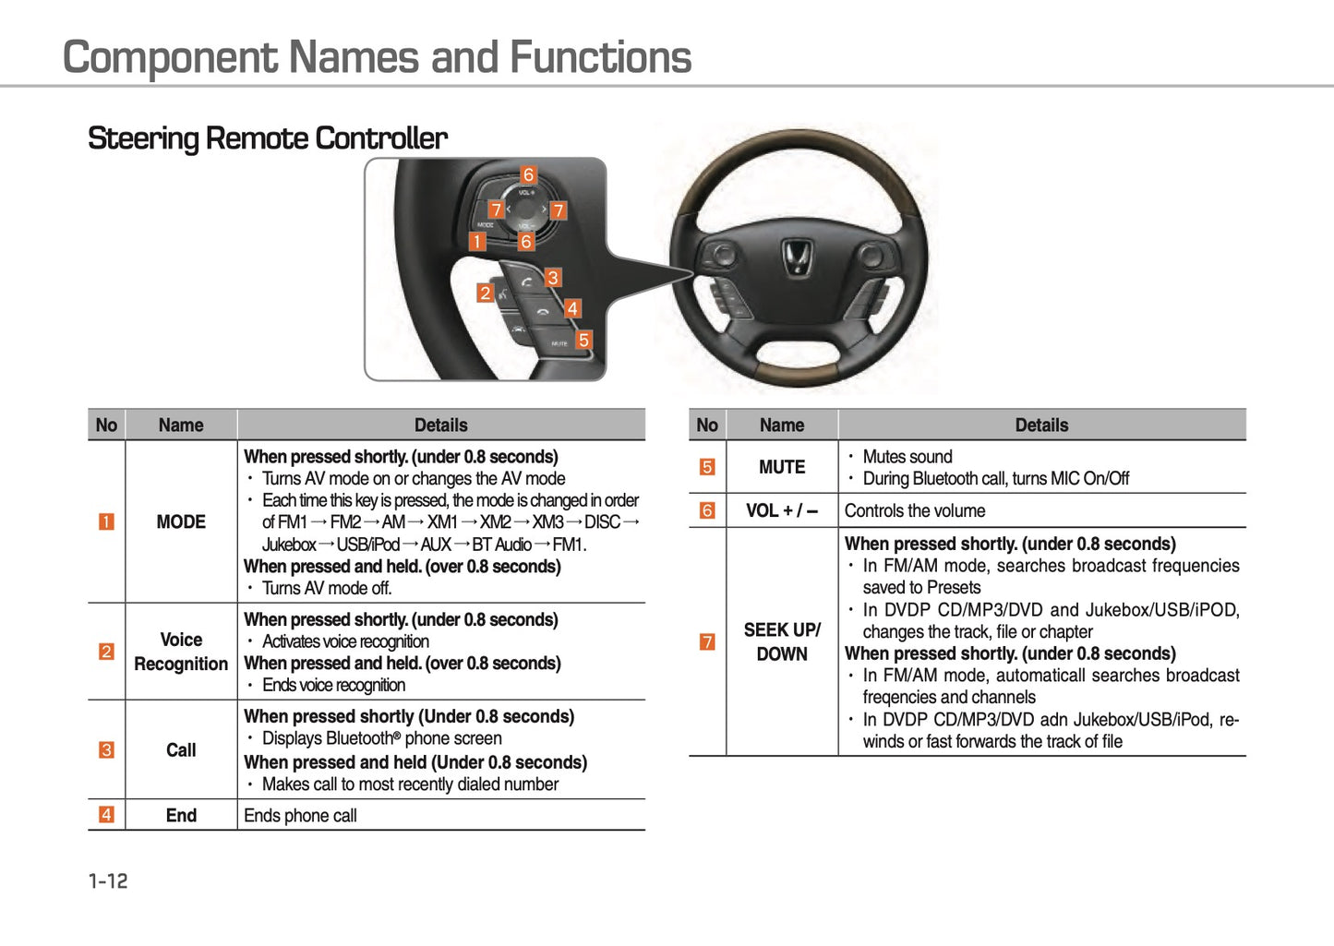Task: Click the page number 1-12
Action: [108, 881]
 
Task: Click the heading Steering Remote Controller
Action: [267, 138]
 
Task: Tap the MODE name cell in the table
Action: [181, 522]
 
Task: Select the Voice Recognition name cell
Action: [181, 652]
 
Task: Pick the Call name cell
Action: [181, 750]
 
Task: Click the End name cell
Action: [181, 816]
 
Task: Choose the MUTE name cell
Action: [782, 467]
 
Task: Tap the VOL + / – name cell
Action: [782, 510]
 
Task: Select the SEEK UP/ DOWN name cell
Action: [782, 641]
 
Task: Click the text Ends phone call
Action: [300, 816]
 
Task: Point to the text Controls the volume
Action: [914, 510]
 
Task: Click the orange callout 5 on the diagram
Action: [583, 340]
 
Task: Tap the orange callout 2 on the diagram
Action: [485, 293]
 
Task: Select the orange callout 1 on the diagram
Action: [477, 242]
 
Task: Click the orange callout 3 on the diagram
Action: [553, 277]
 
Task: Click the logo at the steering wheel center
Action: [798, 257]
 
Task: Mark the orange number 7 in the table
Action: [707, 641]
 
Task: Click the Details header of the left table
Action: [440, 425]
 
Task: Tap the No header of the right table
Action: [707, 425]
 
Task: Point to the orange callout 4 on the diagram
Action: [572, 308]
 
